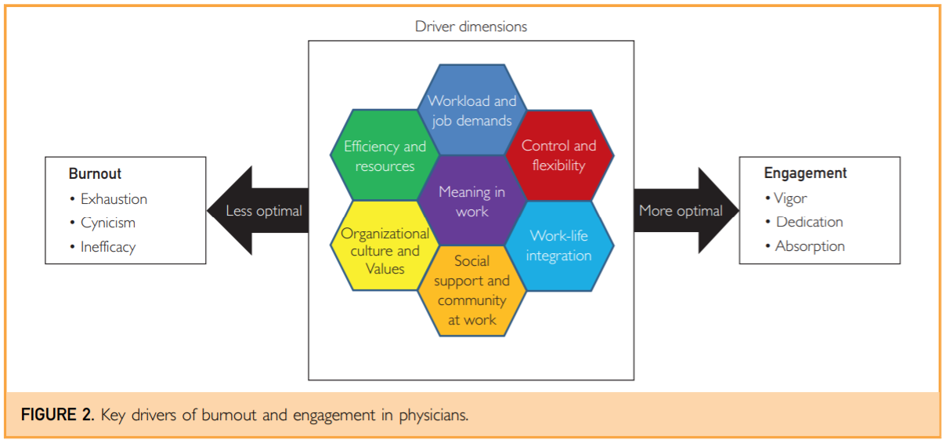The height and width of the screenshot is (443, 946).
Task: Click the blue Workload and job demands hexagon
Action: click(x=472, y=110)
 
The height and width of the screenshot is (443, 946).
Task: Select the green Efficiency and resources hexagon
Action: click(x=385, y=155)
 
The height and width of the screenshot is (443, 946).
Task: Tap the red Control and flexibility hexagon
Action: click(x=559, y=155)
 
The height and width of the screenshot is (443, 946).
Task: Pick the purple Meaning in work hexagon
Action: click(x=472, y=201)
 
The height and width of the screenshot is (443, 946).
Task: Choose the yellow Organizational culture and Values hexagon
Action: click(x=385, y=245)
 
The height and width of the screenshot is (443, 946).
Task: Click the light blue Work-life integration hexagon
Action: click(x=559, y=246)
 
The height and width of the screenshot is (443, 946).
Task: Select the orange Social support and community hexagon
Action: click(x=472, y=291)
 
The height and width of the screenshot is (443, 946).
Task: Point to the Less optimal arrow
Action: click(x=258, y=210)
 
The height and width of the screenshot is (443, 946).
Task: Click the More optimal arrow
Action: click(x=687, y=210)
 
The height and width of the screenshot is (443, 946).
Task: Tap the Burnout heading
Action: click(x=95, y=174)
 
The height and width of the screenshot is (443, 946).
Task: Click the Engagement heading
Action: click(x=805, y=173)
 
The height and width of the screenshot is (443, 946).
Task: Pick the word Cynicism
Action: click(x=108, y=223)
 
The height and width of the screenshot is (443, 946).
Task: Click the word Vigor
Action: click(x=790, y=198)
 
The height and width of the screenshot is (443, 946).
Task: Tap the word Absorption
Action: click(x=810, y=246)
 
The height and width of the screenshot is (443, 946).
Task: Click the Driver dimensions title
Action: click(x=471, y=27)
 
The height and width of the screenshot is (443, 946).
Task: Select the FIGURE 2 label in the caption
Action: click(x=57, y=415)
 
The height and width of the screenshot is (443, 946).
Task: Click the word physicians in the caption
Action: click(x=433, y=416)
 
